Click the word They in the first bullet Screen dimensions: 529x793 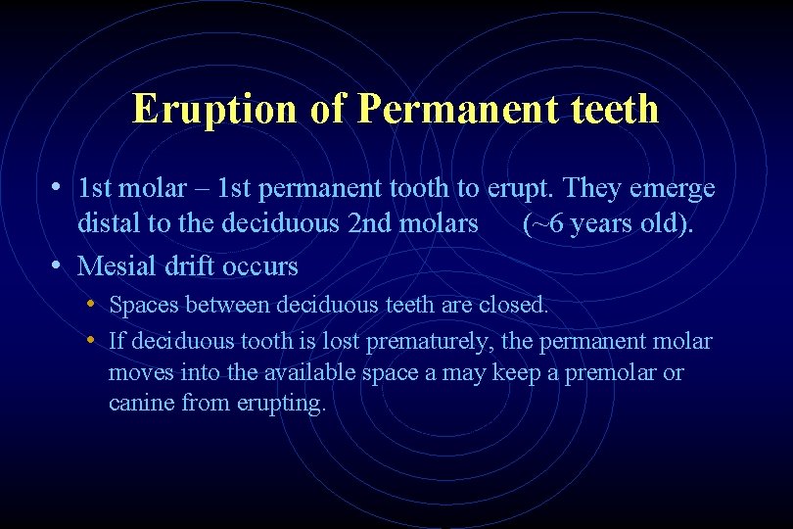(x=594, y=188)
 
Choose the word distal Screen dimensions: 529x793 (x=109, y=224)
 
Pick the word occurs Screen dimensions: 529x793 (x=262, y=265)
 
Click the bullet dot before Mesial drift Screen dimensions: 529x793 (x=59, y=265)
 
